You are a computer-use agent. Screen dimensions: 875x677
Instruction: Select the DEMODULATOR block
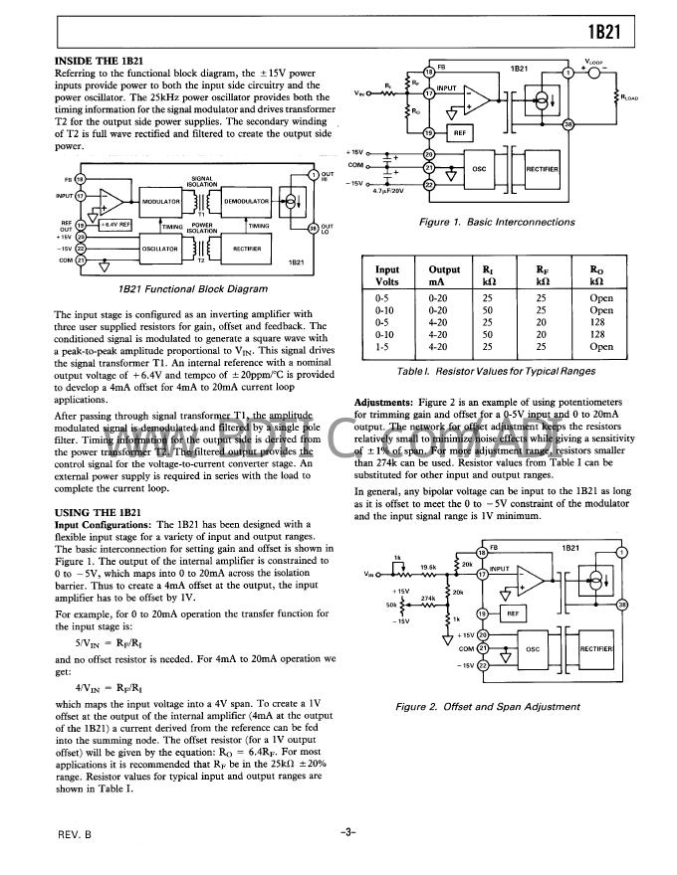pyautogui.click(x=241, y=201)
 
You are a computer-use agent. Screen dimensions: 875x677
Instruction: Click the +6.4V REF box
pyautogui.click(x=113, y=226)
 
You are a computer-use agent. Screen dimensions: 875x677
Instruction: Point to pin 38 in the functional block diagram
pyautogui.click(x=314, y=228)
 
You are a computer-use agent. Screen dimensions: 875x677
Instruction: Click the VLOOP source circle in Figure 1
pyautogui.click(x=594, y=71)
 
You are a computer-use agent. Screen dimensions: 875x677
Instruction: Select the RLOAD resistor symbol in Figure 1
pyautogui.click(x=617, y=97)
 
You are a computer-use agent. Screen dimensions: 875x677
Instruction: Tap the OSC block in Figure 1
pyautogui.click(x=478, y=168)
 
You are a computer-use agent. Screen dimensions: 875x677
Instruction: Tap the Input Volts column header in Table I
pyautogui.click(x=387, y=275)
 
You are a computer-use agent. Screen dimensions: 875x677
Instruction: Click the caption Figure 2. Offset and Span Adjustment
pyautogui.click(x=487, y=707)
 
